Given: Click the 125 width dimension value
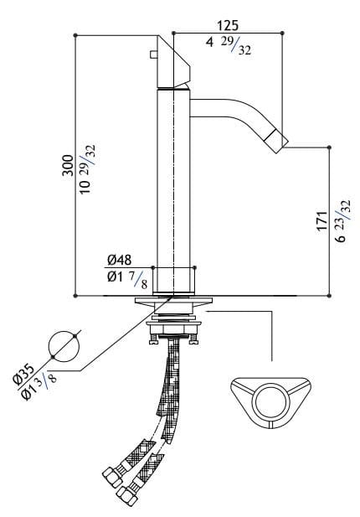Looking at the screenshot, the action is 227,25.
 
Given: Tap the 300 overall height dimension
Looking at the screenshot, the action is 68,165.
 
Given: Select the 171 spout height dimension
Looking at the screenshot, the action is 323,220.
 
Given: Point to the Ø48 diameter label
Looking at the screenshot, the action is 119,260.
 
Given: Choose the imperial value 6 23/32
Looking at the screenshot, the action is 343,220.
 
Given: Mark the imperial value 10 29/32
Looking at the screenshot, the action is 88,169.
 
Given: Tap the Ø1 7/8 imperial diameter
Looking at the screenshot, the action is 127,279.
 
